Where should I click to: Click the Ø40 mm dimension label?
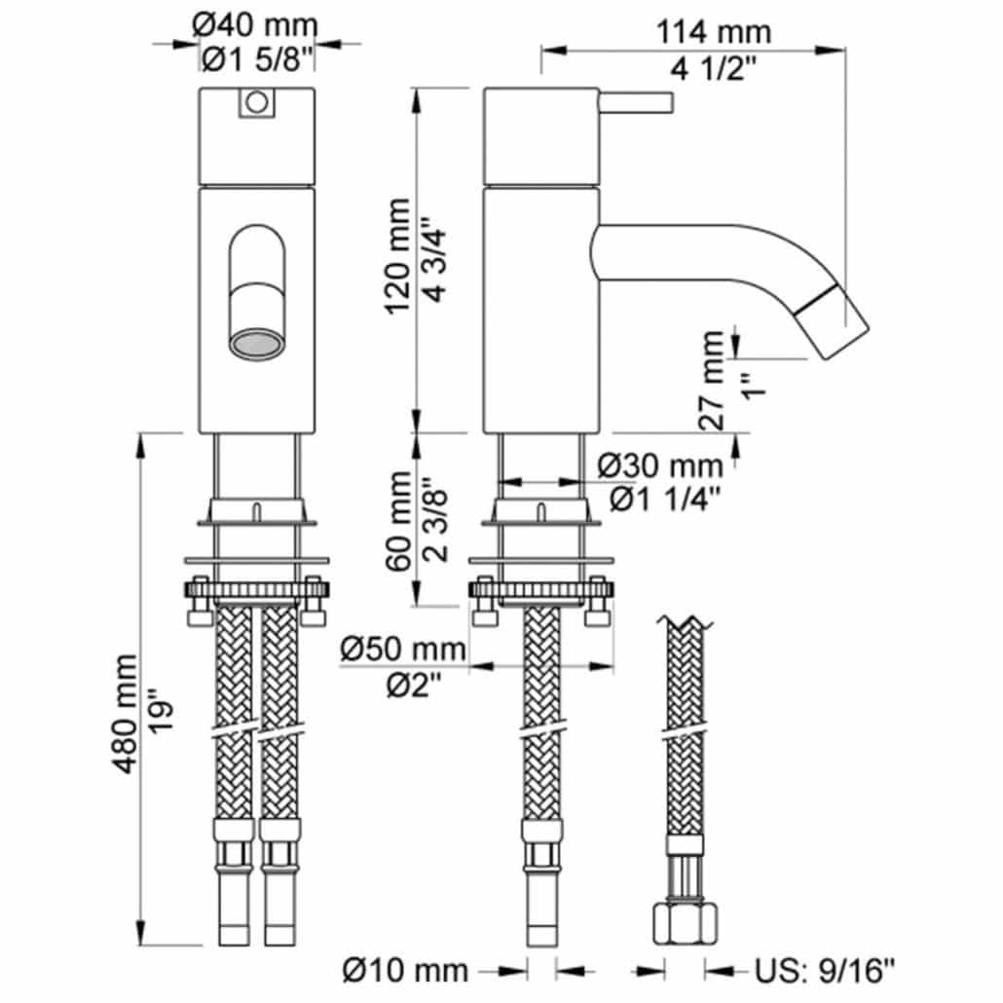(254, 25)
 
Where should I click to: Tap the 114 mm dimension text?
(713, 32)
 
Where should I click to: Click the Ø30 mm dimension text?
(660, 466)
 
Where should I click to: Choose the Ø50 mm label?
(403, 650)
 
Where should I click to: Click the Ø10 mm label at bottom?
(405, 970)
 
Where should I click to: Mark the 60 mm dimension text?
(399, 521)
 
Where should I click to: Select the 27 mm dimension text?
(711, 380)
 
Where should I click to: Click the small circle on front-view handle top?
(257, 102)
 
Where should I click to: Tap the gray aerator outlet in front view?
(256, 344)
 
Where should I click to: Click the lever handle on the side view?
(635, 103)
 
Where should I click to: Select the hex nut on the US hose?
(686, 922)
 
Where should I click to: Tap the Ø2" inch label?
(415, 687)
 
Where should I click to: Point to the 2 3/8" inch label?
(435, 519)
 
